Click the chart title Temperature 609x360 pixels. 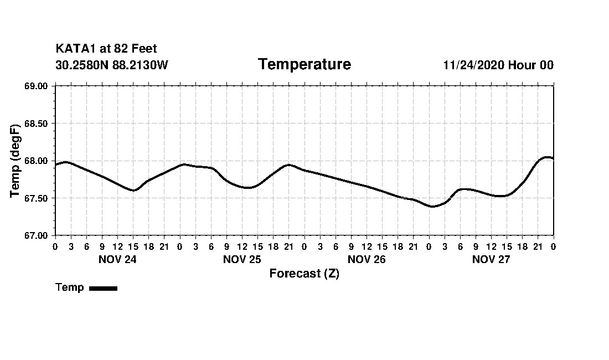pyautogui.click(x=304, y=65)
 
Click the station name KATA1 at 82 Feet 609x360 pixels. pyautogui.click(x=106, y=49)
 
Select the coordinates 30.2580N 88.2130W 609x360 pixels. pyautogui.click(x=112, y=65)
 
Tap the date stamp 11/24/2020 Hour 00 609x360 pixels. pyautogui.click(x=498, y=65)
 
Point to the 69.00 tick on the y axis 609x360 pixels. pyautogui.click(x=36, y=86)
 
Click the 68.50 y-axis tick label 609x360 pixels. pyautogui.click(x=36, y=124)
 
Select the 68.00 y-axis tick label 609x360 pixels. pyautogui.click(x=36, y=161)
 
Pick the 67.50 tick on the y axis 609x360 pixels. pyautogui.click(x=36, y=198)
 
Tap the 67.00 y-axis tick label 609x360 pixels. pyautogui.click(x=36, y=235)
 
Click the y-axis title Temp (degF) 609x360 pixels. pyautogui.click(x=16, y=161)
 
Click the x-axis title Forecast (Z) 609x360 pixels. pyautogui.click(x=304, y=274)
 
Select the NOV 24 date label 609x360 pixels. pyautogui.click(x=117, y=259)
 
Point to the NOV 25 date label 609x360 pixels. pyautogui.click(x=242, y=259)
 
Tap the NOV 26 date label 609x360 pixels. pyautogui.click(x=367, y=259)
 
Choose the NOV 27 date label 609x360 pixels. pyautogui.click(x=491, y=259)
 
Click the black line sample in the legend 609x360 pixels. pyautogui.click(x=103, y=288)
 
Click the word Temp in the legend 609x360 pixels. pyautogui.click(x=70, y=287)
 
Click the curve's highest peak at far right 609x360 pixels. pyautogui.click(x=548, y=157)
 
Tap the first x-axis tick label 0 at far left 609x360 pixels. pyautogui.click(x=55, y=246)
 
